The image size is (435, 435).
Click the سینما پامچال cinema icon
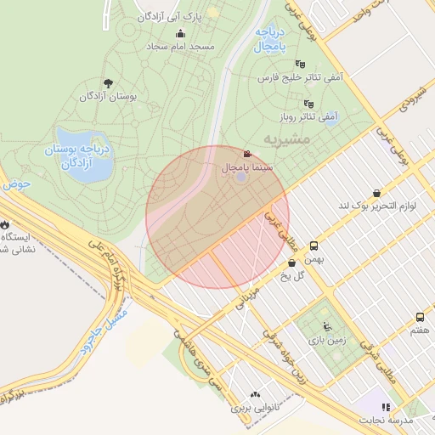246,155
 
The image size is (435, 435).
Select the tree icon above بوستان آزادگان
107,83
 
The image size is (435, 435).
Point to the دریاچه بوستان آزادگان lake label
78,155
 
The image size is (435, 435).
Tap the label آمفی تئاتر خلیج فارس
300,77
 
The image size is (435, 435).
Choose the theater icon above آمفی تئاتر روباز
308,104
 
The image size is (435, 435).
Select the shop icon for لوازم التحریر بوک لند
376,193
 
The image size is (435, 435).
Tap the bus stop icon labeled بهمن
314,244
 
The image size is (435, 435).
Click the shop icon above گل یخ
291,263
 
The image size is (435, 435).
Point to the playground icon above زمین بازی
327,326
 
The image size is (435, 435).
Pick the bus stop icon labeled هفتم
420,318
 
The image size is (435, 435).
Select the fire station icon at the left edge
7,224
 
